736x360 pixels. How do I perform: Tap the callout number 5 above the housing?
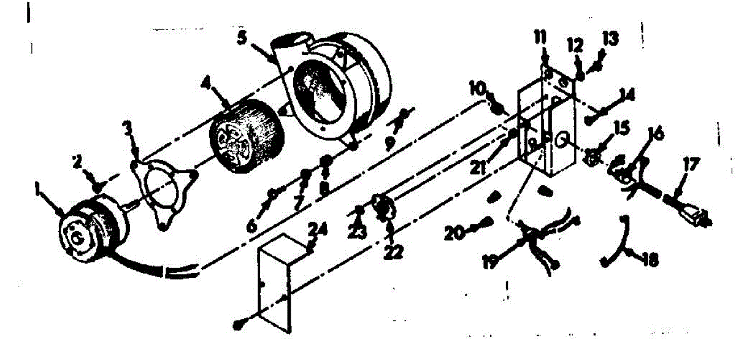click(x=243, y=37)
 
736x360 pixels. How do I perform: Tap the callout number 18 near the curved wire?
click(x=650, y=261)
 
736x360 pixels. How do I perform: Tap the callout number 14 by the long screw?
click(x=626, y=94)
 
